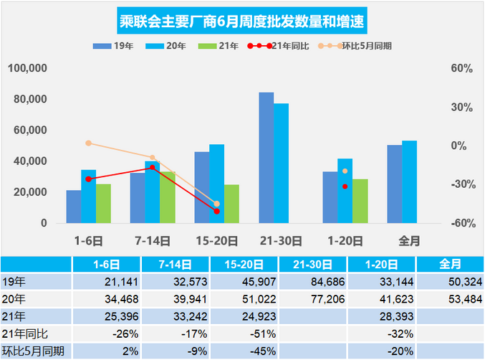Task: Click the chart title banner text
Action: pyautogui.click(x=241, y=19)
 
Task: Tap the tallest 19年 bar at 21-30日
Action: pyautogui.click(x=266, y=158)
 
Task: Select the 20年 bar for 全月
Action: pyautogui.click(x=409, y=181)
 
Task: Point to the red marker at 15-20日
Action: pyautogui.click(x=216, y=211)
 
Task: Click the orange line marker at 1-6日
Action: pyautogui.click(x=88, y=143)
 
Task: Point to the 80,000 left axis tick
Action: pyautogui.click(x=29, y=99)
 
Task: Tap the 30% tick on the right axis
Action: pyautogui.click(x=461, y=107)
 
